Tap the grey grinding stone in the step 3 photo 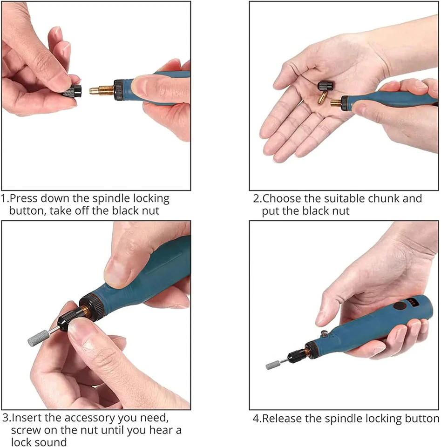pyautogui.click(x=35, y=334)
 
